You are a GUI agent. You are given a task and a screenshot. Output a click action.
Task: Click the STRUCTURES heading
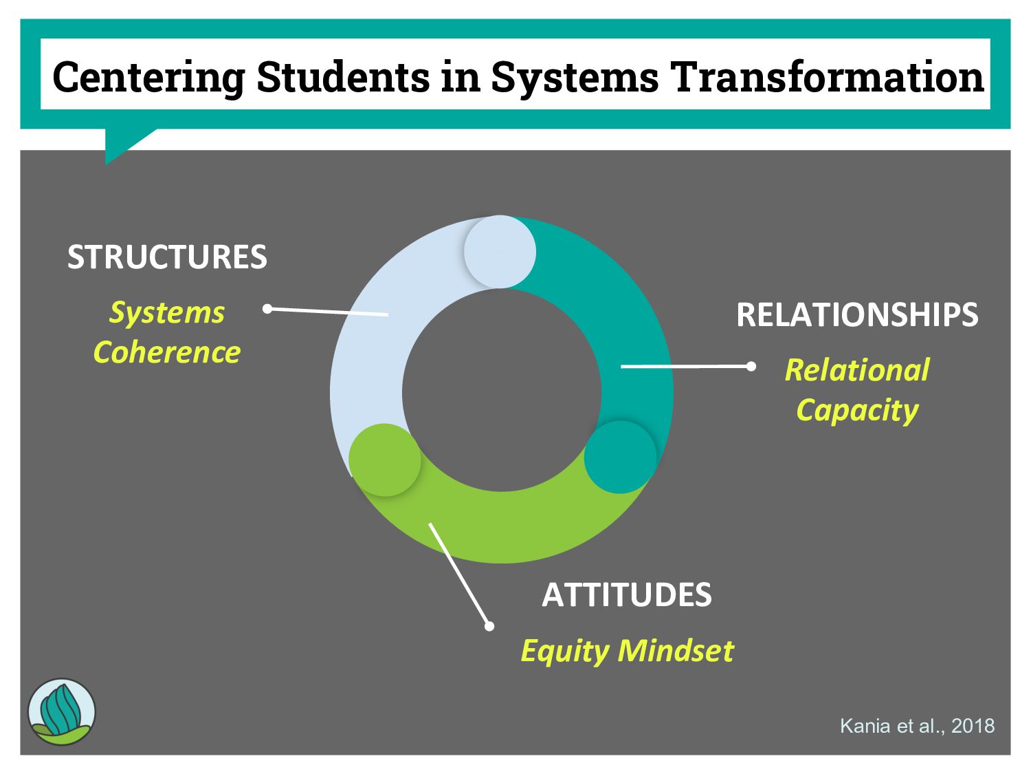click(167, 257)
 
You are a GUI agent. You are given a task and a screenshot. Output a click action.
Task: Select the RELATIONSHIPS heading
click(857, 315)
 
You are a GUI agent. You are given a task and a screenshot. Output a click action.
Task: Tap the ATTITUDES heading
click(627, 595)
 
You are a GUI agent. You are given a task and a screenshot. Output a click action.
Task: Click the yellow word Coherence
click(167, 352)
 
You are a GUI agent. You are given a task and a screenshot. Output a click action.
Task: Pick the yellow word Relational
click(857, 370)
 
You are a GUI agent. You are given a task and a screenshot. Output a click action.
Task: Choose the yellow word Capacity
click(857, 410)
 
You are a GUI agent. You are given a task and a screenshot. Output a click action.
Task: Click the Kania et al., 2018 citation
click(917, 726)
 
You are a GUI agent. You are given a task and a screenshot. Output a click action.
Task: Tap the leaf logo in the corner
click(62, 712)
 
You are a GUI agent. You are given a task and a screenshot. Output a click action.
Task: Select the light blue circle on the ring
click(500, 252)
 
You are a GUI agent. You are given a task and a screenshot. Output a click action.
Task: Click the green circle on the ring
click(385, 460)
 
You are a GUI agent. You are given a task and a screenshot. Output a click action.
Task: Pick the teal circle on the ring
click(620, 458)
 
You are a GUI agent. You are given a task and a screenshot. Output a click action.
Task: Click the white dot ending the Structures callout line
click(268, 309)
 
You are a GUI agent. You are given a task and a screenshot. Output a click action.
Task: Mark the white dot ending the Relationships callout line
click(751, 366)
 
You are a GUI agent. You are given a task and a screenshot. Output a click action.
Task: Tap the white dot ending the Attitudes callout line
click(489, 626)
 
